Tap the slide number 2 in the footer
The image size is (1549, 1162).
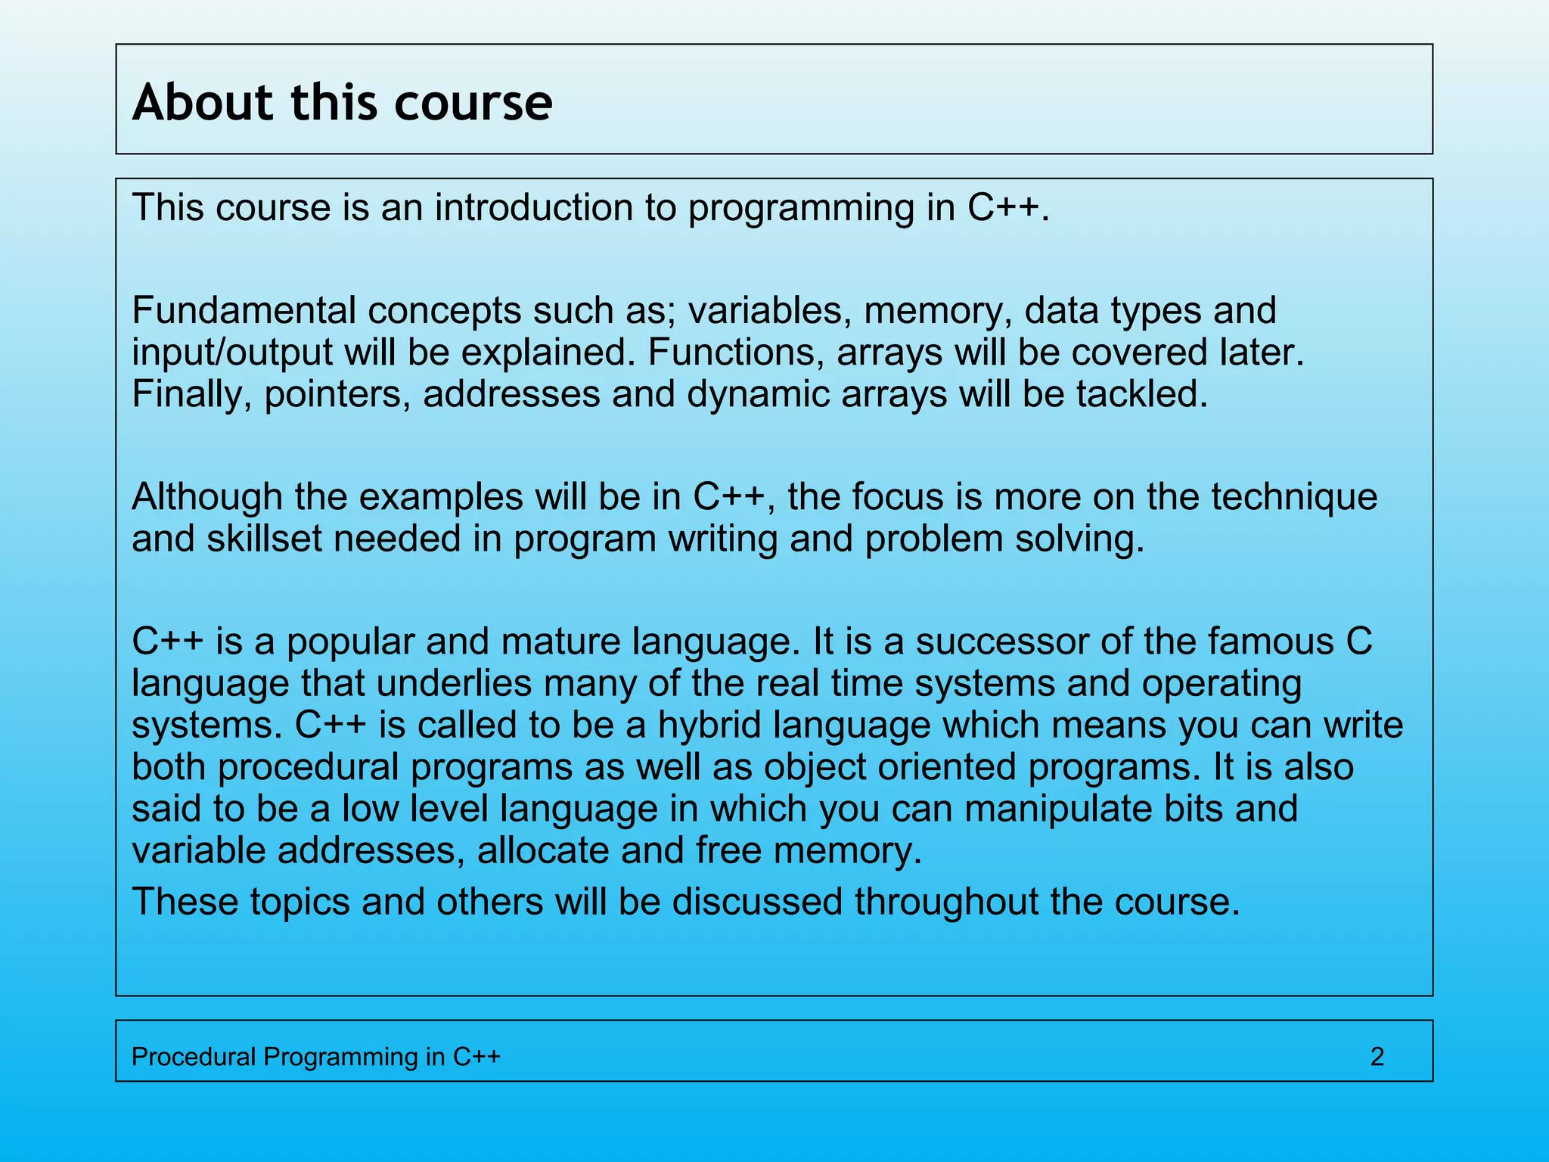click(1377, 1056)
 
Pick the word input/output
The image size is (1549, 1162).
click(232, 353)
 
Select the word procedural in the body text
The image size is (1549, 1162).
click(308, 767)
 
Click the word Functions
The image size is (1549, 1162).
click(736, 353)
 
